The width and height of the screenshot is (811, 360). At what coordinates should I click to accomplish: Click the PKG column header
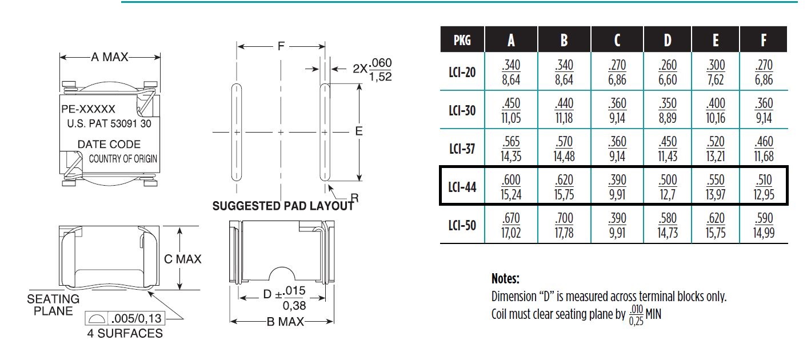(x=462, y=40)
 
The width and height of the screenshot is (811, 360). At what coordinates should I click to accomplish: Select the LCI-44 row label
(x=462, y=187)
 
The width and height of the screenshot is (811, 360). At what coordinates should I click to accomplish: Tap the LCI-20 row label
(x=462, y=73)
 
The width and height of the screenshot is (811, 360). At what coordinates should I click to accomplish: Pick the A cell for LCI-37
(x=511, y=149)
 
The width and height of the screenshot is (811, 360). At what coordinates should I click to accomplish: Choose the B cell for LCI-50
(x=564, y=225)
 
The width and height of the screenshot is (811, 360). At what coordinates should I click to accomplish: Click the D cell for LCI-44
(x=668, y=187)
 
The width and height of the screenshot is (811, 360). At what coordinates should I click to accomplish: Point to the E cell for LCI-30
(x=716, y=110)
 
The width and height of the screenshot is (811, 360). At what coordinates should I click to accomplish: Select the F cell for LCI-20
(x=764, y=73)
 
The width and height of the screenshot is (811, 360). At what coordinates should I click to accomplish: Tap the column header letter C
(x=617, y=40)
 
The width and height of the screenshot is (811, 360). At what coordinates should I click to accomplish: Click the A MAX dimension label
(x=110, y=57)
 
